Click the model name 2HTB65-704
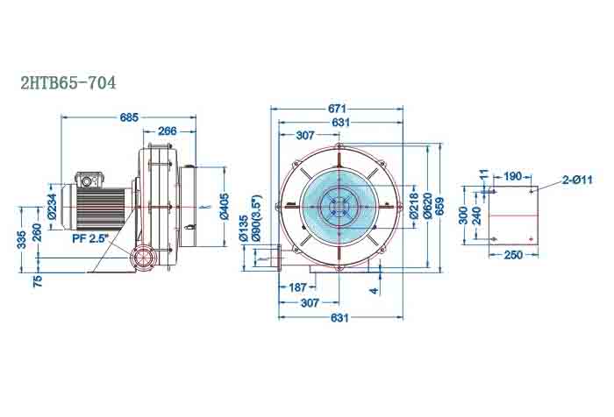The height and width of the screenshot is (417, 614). point(68,83)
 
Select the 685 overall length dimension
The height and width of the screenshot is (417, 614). point(129,117)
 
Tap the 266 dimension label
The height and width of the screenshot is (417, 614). point(167,131)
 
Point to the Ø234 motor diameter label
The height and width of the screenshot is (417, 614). point(52,207)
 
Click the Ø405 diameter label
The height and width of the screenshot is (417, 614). point(224,207)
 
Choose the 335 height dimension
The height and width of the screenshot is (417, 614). point(20,240)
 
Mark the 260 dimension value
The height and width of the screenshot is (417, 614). point(37,234)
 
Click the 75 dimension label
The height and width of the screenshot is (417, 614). point(37,281)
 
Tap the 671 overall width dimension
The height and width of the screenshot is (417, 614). point(337,109)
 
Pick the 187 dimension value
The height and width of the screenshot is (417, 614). point(297,287)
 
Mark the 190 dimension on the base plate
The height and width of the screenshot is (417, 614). point(513,176)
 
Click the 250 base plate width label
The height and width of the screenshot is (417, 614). point(513,255)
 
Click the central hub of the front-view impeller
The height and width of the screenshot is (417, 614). point(337,208)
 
